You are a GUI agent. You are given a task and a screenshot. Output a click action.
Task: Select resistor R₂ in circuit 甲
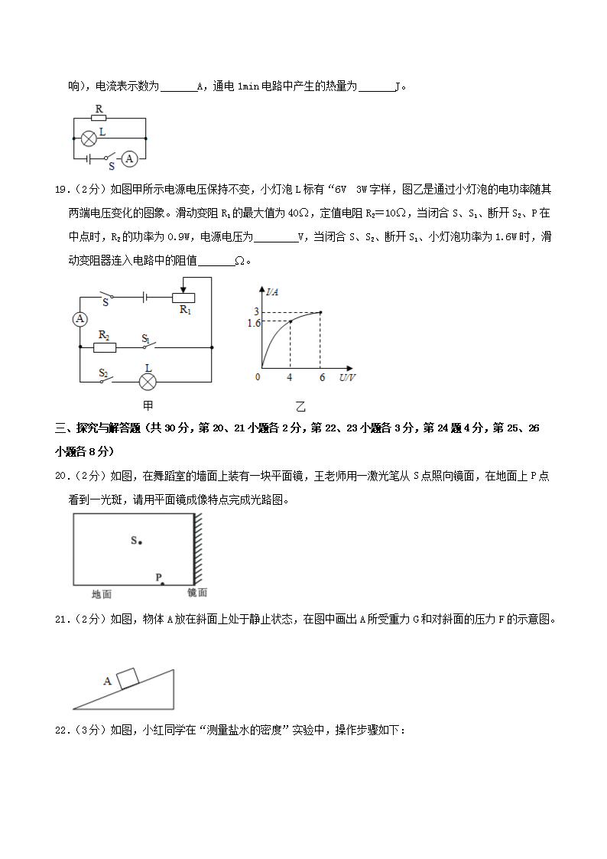(x=105, y=347)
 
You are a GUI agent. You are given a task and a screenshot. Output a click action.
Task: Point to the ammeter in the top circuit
(x=130, y=159)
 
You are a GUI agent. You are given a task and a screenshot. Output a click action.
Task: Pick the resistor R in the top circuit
(x=98, y=119)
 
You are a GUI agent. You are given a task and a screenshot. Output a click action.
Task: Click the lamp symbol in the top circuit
(x=89, y=138)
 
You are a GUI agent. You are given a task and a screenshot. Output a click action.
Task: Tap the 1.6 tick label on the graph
(x=255, y=324)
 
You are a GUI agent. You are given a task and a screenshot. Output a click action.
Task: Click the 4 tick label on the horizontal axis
(x=289, y=378)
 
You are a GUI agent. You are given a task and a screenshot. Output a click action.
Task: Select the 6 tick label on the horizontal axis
(x=322, y=378)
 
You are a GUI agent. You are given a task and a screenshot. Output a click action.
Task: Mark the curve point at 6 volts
(x=320, y=312)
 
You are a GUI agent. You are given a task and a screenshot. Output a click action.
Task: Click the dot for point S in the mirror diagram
(x=141, y=542)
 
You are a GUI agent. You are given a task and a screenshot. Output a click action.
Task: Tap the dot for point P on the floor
(x=162, y=584)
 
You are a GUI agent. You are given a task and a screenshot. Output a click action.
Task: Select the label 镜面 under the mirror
(x=197, y=593)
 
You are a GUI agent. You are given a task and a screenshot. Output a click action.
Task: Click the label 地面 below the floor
(x=102, y=594)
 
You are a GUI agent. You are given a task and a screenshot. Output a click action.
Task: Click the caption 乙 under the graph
(x=300, y=407)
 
